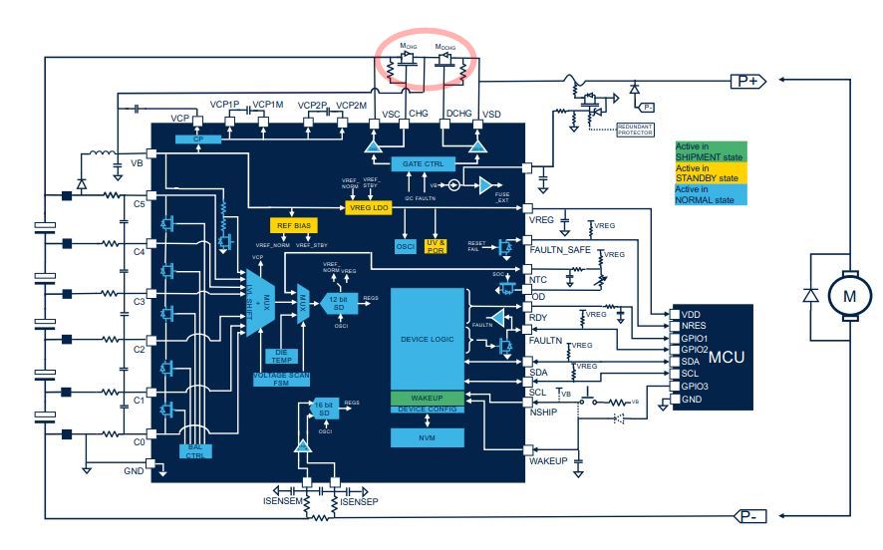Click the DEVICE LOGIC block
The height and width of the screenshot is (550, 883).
(428, 339)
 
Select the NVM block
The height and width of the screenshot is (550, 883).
(428, 436)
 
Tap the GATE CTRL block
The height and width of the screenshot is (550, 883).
(425, 162)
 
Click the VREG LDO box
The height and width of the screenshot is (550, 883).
(370, 207)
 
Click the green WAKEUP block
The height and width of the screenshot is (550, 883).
(428, 398)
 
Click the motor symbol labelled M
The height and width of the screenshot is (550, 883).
(850, 295)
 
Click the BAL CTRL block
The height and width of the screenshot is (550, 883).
(195, 451)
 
